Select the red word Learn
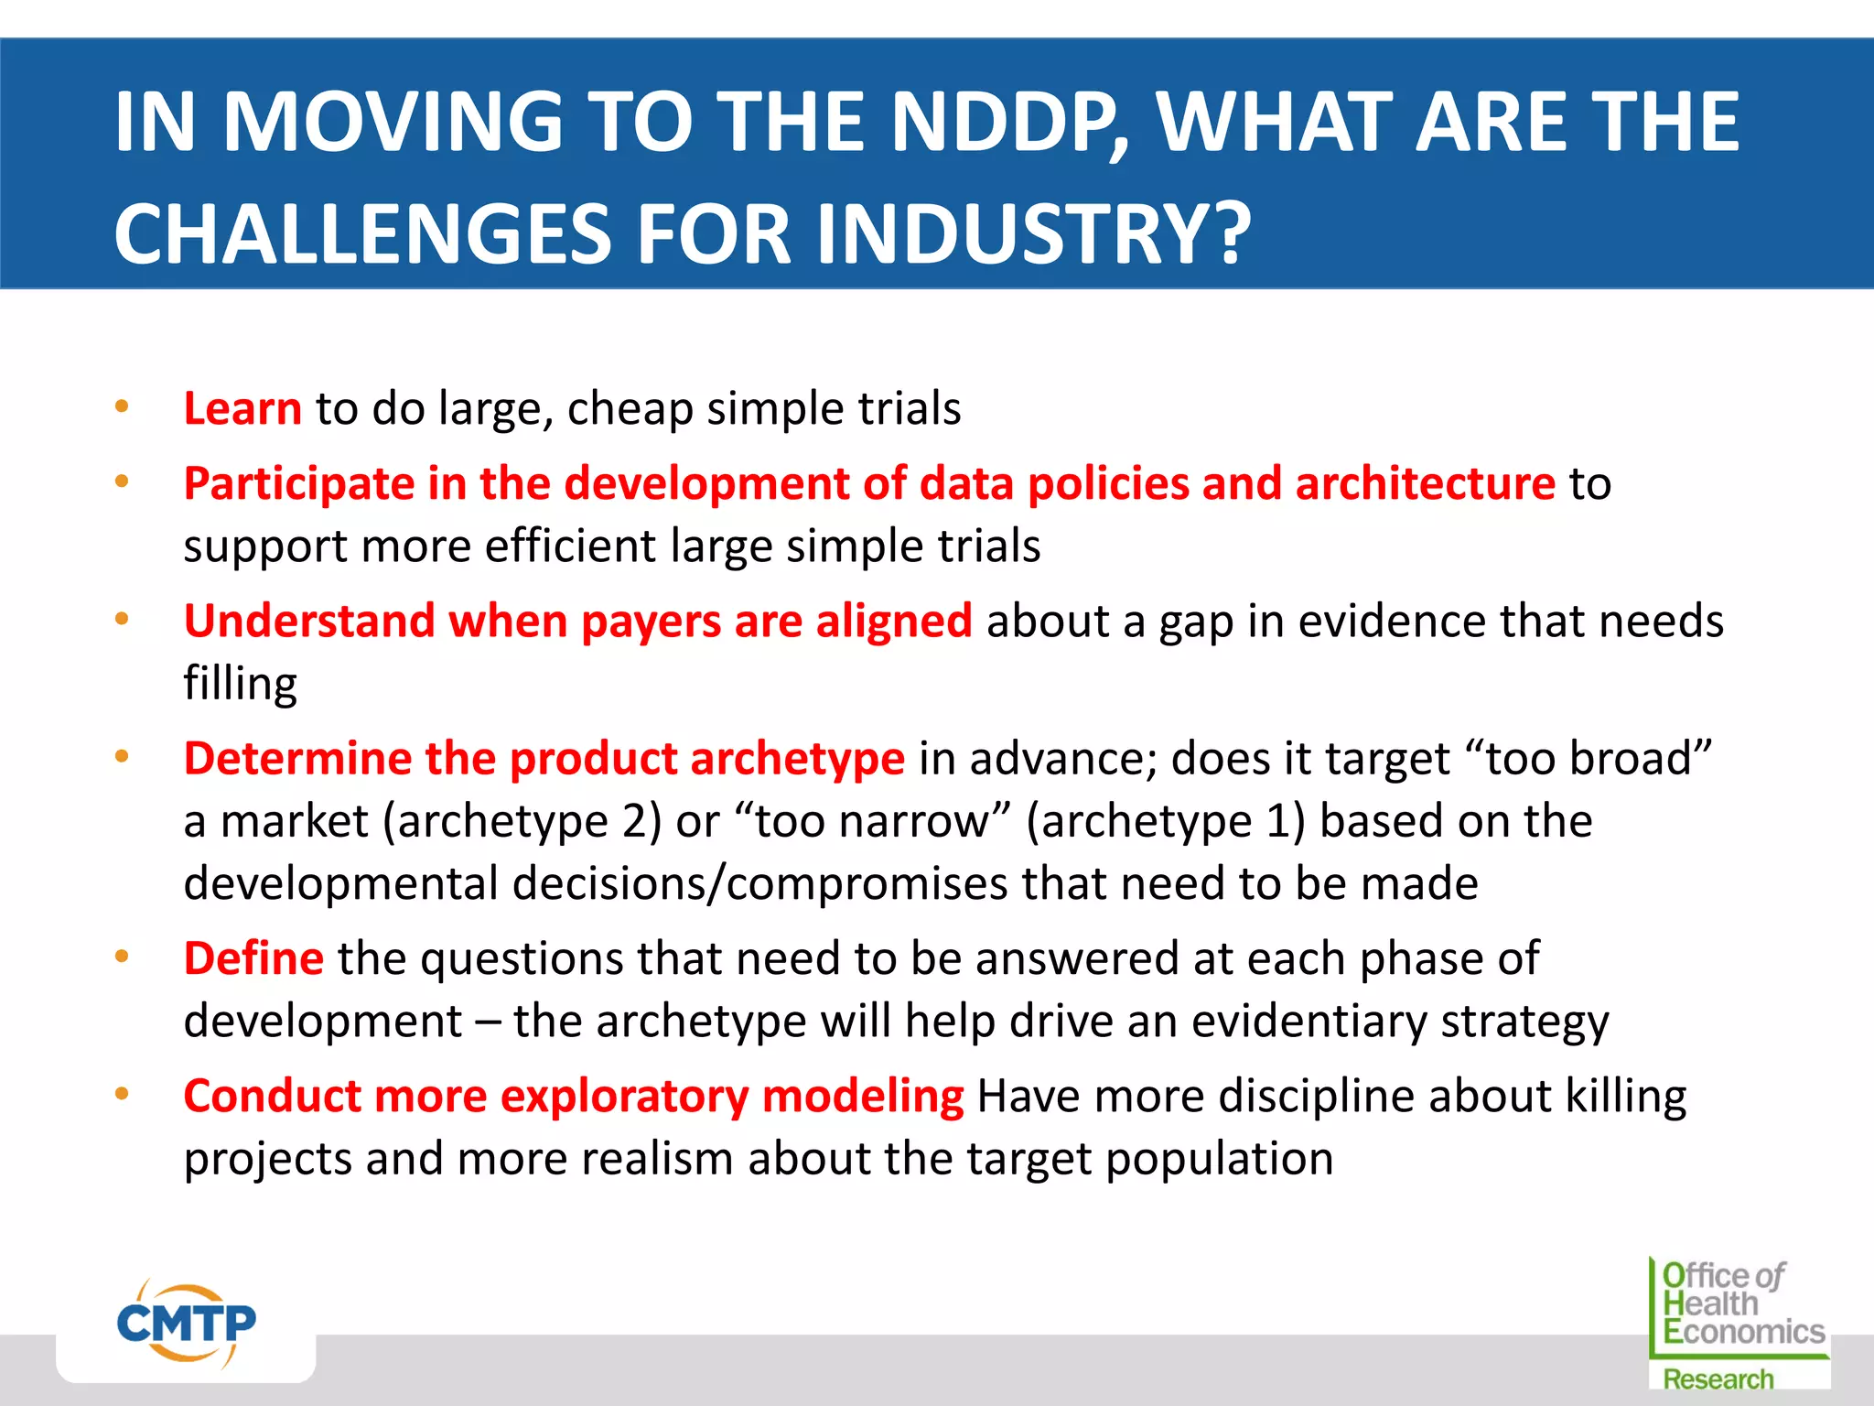tap(242, 408)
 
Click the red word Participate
tap(298, 484)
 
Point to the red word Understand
tap(308, 621)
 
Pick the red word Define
tap(253, 958)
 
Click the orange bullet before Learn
tap(122, 406)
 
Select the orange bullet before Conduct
tap(122, 1094)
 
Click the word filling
tap(240, 684)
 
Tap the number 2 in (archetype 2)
tap(634, 821)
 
